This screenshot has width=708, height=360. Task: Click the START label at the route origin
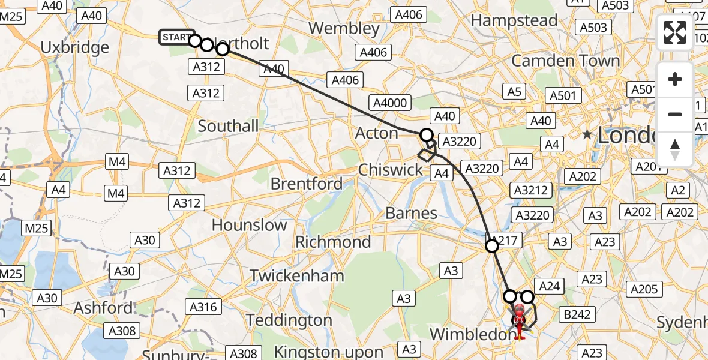176,37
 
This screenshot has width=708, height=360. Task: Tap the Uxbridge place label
75,47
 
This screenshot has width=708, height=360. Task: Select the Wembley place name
344,28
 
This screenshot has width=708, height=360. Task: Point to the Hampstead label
514,20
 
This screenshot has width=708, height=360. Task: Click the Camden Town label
565,61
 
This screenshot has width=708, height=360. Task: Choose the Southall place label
228,126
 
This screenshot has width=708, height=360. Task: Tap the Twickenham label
297,275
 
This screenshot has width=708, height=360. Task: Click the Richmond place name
334,242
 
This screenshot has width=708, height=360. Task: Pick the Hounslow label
250,225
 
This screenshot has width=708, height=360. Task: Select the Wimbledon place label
470,334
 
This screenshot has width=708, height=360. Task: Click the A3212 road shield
530,190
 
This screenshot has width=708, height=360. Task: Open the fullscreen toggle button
675,32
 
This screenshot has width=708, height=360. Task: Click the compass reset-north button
675,149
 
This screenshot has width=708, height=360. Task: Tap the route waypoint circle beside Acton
427,135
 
